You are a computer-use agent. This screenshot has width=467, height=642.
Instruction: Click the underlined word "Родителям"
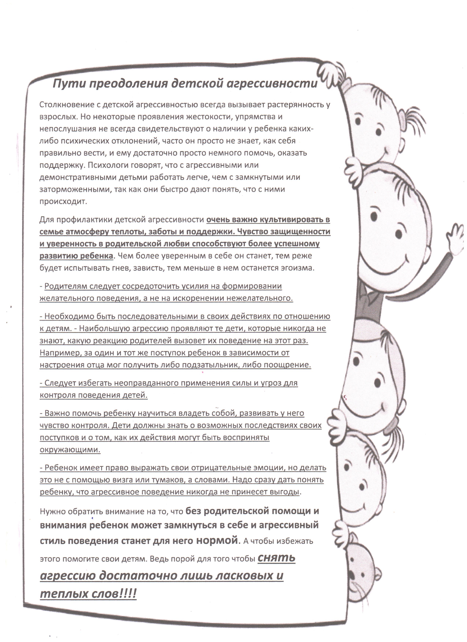pyautogui.click(x=66, y=286)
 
